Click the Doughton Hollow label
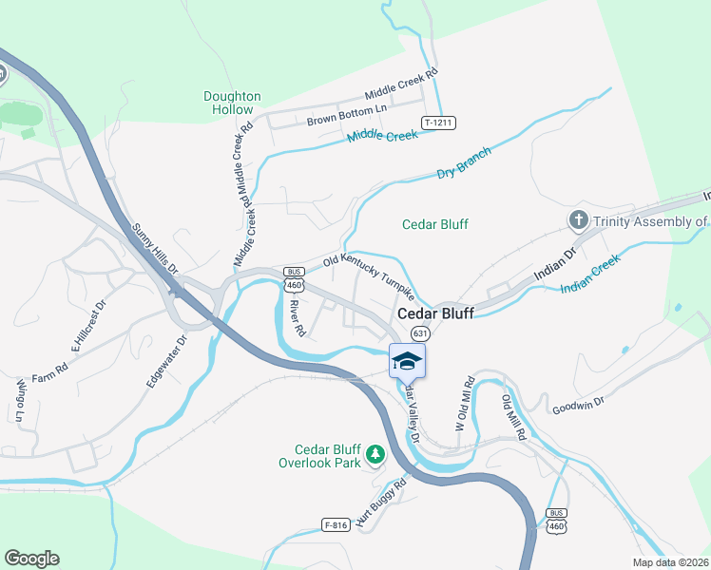(232, 103)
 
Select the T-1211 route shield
(438, 123)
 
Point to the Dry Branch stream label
(464, 162)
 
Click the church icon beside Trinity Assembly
(578, 221)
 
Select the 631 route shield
(420, 334)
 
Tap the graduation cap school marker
(407, 360)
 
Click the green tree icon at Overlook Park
(375, 456)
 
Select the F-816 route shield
(336, 524)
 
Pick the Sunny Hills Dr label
(155, 249)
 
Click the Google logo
(31, 559)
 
